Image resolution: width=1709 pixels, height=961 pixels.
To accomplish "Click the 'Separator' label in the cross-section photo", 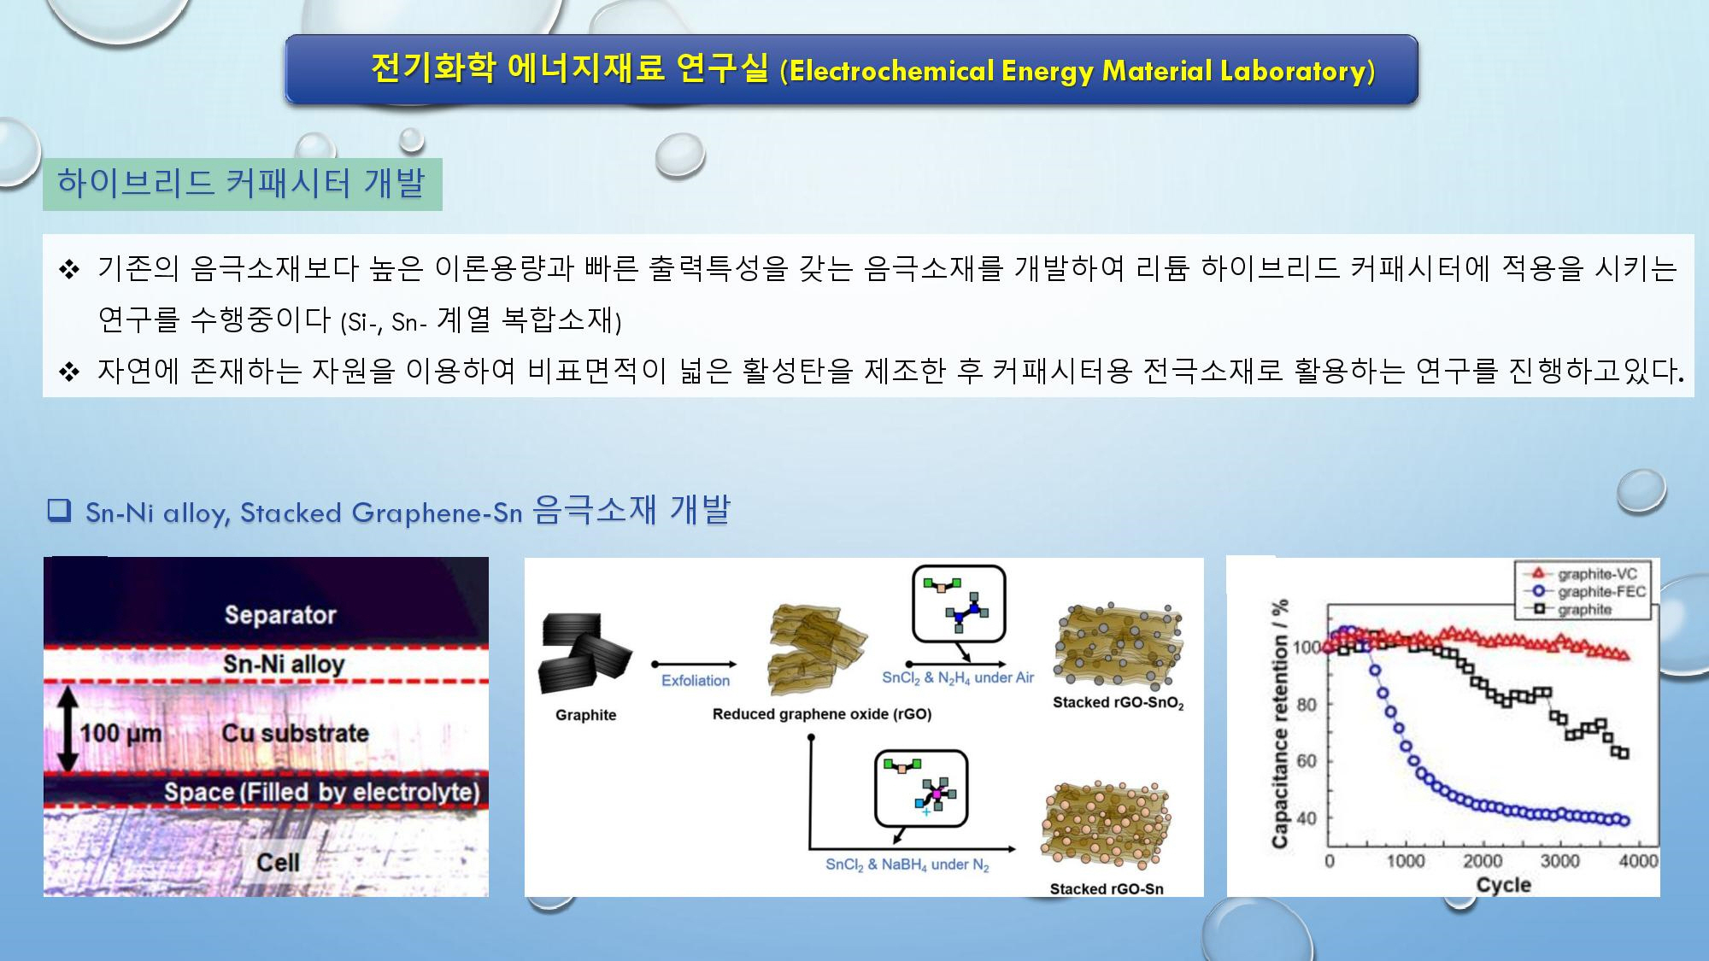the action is [x=280, y=614].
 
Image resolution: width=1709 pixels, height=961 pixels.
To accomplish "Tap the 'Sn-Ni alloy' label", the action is [x=284, y=664].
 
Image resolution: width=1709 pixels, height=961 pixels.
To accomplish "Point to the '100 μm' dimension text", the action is [x=120, y=734].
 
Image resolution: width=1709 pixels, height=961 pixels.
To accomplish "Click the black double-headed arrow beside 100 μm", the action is [x=68, y=730].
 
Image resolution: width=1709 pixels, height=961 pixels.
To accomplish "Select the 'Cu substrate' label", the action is [x=295, y=733].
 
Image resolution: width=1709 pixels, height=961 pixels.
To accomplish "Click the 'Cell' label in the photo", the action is [x=278, y=862].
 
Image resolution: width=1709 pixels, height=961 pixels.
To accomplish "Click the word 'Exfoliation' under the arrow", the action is [x=696, y=681].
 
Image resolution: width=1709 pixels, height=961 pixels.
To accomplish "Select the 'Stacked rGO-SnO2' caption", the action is [x=1118, y=703].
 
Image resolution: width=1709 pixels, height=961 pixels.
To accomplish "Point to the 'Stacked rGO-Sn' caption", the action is [x=1107, y=888].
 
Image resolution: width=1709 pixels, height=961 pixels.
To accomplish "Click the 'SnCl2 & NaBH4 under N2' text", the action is [x=907, y=865].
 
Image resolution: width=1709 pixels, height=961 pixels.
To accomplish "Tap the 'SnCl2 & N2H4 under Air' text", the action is [x=958, y=678].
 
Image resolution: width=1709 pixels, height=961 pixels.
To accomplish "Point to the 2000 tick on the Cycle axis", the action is [x=1483, y=861].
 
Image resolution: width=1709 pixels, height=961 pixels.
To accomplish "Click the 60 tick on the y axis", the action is [x=1307, y=761].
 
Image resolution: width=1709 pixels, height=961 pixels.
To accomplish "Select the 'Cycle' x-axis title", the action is [x=1503, y=885].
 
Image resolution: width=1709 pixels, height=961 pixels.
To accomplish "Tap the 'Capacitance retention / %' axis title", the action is [x=1279, y=723].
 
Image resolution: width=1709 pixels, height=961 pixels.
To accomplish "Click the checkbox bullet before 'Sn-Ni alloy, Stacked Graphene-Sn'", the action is [x=58, y=510].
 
